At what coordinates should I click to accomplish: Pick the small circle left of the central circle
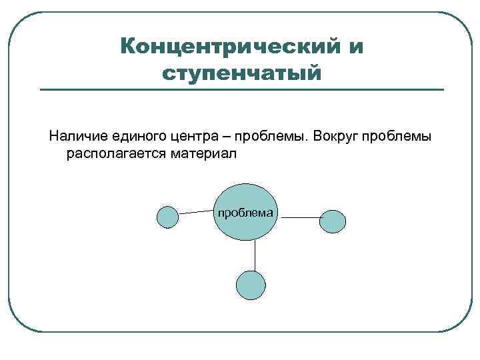point(167,217)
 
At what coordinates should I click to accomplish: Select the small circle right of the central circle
point(333,221)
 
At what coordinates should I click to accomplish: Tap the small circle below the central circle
point(251,285)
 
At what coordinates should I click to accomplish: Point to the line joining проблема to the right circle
point(299,217)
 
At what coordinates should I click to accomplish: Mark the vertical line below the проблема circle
point(254,255)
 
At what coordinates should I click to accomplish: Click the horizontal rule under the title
point(241,90)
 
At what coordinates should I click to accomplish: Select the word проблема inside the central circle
point(245,213)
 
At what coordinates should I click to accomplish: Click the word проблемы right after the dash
point(265,137)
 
